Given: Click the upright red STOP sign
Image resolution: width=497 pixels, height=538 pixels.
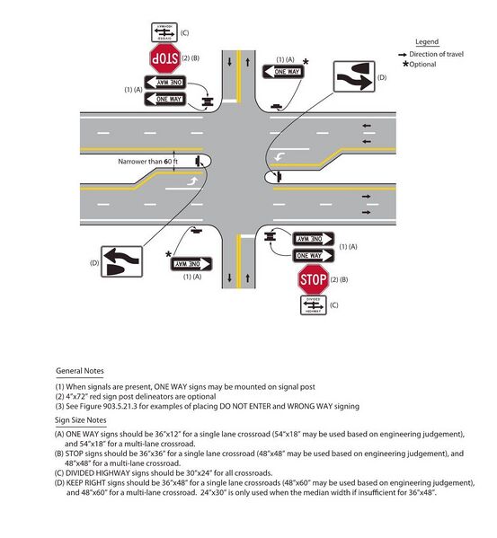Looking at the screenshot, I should (314, 278).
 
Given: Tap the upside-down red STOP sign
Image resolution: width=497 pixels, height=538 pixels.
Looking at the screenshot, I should (165, 59).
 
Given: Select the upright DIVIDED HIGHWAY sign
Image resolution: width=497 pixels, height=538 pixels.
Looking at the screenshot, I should (314, 305).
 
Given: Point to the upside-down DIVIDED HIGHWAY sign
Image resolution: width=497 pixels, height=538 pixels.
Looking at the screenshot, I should (165, 33).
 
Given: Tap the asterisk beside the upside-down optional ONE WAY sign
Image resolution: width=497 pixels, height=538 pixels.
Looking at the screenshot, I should (169, 254).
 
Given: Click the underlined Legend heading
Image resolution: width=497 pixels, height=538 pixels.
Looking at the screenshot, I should (428, 42).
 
